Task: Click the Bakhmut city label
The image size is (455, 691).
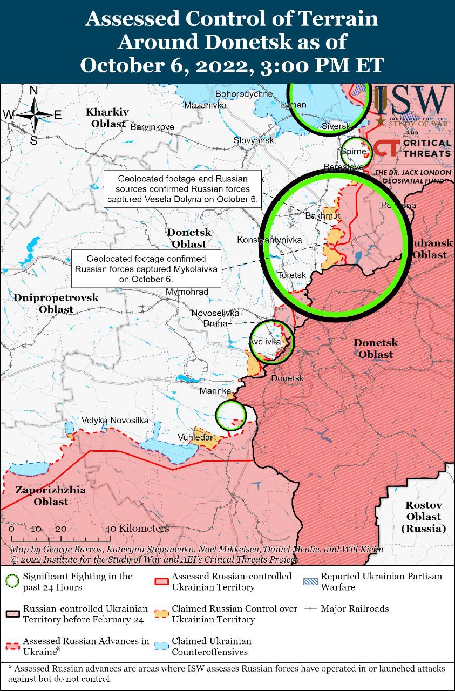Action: (323, 216)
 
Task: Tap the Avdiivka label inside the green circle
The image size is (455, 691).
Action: (264, 342)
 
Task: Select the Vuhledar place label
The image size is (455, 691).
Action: (195, 437)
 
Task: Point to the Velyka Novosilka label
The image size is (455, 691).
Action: (115, 420)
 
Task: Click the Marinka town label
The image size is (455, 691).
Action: (215, 390)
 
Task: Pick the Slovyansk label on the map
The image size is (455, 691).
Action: (254, 140)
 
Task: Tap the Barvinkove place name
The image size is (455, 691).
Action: (152, 127)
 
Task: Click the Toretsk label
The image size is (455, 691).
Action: (291, 275)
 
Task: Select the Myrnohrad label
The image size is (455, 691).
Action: (187, 292)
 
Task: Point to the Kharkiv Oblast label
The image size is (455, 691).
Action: (107, 118)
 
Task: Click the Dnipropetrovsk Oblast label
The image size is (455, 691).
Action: (56, 303)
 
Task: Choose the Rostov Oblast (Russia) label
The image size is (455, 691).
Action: (424, 517)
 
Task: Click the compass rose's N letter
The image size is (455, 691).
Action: (33, 91)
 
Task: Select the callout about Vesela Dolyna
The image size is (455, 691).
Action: (182, 189)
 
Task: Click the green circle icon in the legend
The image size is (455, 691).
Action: (12, 581)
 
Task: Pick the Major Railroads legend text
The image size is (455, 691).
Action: (355, 608)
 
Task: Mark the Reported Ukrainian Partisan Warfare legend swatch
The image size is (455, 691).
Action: (310, 581)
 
